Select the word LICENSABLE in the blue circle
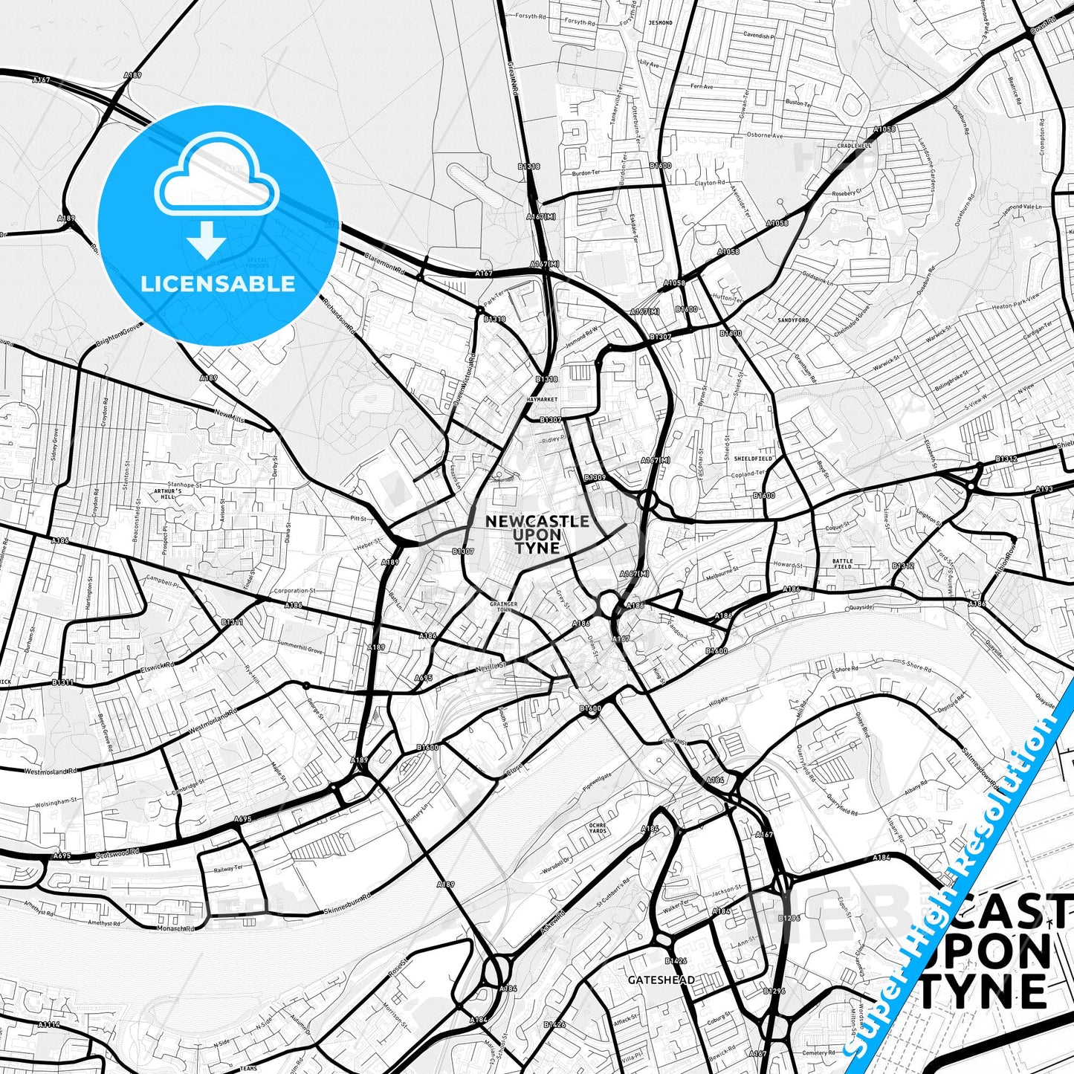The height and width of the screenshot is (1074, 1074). [x=218, y=284]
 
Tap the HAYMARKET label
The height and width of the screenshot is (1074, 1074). [x=541, y=399]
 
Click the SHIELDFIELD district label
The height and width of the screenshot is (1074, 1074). [x=753, y=459]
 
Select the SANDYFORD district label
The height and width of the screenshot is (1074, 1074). [x=792, y=320]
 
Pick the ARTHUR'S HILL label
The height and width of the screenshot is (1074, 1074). [x=167, y=494]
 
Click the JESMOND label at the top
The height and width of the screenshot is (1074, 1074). [x=659, y=23]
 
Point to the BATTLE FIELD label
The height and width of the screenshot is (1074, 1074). [x=842, y=563]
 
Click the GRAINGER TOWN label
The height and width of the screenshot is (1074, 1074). [x=503, y=607]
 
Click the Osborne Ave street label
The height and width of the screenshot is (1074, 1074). [x=765, y=136]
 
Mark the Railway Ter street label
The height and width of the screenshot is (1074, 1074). [x=228, y=868]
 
